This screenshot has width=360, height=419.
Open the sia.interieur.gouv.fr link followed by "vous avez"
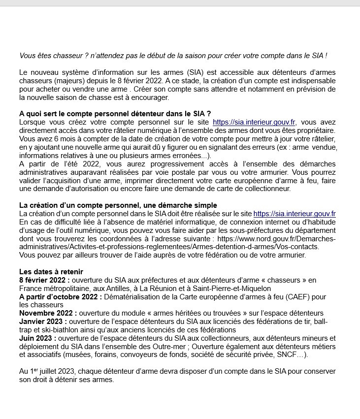254,122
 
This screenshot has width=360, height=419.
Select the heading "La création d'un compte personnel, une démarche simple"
118,205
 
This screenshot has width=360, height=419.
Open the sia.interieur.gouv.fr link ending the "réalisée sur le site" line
295,214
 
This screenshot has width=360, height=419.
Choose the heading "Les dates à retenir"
51,272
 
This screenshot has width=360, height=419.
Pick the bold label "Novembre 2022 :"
47,313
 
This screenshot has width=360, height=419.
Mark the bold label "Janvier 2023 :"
42,322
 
